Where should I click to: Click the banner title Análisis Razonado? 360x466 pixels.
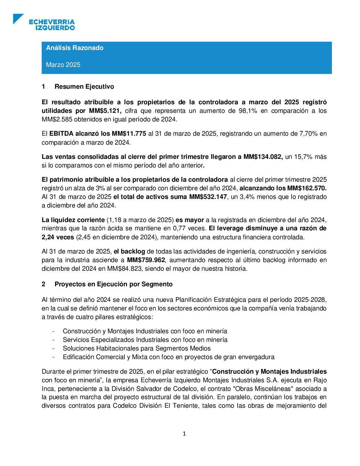point(75,48)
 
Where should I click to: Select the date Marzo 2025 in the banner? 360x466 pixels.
point(63,65)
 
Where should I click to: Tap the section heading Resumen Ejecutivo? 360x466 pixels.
point(84,87)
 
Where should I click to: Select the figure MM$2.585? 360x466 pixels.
point(57,119)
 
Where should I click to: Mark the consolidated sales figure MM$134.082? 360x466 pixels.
point(263,157)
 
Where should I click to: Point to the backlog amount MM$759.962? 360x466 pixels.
point(146,260)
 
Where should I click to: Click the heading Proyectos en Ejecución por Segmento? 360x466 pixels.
point(113,284)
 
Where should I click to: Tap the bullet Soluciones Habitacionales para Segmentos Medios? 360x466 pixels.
point(137,349)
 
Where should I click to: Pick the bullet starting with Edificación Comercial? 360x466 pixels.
point(168,357)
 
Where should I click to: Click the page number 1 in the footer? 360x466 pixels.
point(184,434)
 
